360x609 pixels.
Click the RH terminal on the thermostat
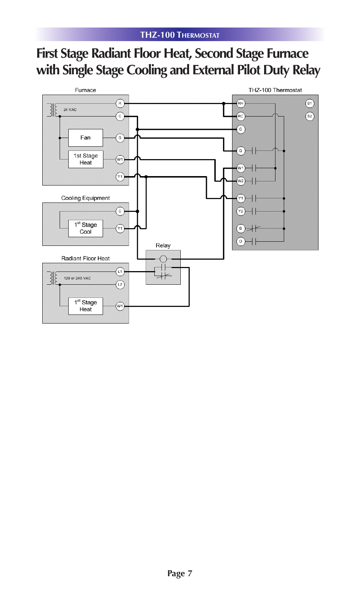click(240, 103)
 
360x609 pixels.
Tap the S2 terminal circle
click(309, 117)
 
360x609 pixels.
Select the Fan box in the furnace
click(85, 138)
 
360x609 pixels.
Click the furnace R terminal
click(120, 103)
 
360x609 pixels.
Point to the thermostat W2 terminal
click(240, 181)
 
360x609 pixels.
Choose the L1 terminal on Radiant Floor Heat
click(120, 272)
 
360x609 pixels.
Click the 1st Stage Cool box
click(85, 229)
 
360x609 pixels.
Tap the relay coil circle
click(163, 259)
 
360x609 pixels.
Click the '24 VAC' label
click(70, 110)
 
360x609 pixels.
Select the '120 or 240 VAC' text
click(77, 278)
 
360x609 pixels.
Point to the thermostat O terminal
click(240, 241)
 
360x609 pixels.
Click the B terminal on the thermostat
click(240, 229)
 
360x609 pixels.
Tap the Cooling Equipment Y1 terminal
click(120, 229)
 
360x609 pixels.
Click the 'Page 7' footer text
click(180, 574)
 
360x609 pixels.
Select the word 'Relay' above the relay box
click(163, 245)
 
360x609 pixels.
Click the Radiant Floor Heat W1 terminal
click(120, 306)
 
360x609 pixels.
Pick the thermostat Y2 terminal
click(240, 211)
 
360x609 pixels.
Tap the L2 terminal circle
click(120, 285)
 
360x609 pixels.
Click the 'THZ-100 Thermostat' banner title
click(180, 35)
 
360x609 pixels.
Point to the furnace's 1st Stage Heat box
click(85, 159)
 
